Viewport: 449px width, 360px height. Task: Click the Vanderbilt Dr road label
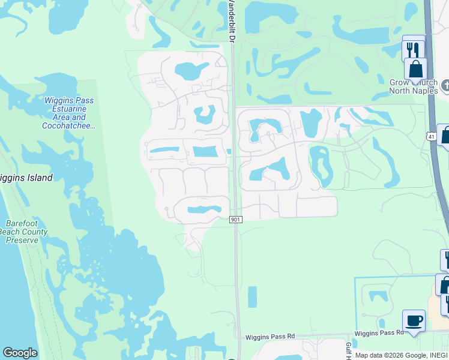pos(229,21)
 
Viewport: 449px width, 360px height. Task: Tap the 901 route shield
pos(236,220)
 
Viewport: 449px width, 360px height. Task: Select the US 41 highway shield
pos(432,137)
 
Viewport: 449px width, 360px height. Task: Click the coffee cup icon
pos(413,321)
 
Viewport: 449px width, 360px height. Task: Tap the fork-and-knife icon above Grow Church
pos(412,48)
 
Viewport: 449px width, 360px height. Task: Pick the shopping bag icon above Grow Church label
pos(415,71)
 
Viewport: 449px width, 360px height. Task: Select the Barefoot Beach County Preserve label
pos(23,232)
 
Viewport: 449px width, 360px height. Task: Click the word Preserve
pos(23,240)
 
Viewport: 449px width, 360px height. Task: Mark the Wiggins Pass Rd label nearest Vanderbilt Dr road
pos(270,337)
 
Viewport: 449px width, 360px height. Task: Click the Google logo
pos(20,353)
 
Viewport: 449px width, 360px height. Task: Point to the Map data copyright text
pos(401,355)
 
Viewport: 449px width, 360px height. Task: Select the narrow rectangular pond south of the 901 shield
pos(252,297)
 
